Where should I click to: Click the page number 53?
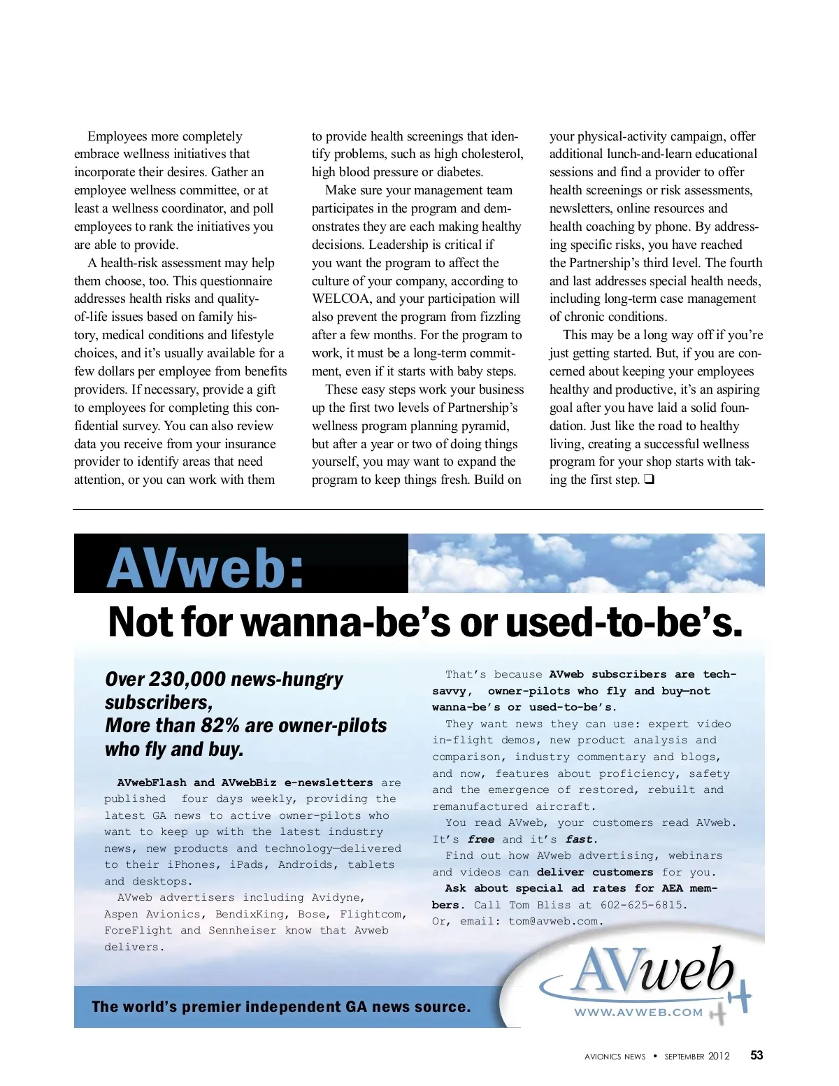tap(756, 1055)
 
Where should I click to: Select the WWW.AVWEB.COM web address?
tap(638, 1012)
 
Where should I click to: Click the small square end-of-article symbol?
tap(650, 480)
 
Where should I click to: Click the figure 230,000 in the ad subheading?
tap(187, 679)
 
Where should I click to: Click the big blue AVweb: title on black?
tap(206, 568)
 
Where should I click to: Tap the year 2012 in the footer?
tap(719, 1056)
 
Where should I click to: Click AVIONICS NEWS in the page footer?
tap(615, 1057)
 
